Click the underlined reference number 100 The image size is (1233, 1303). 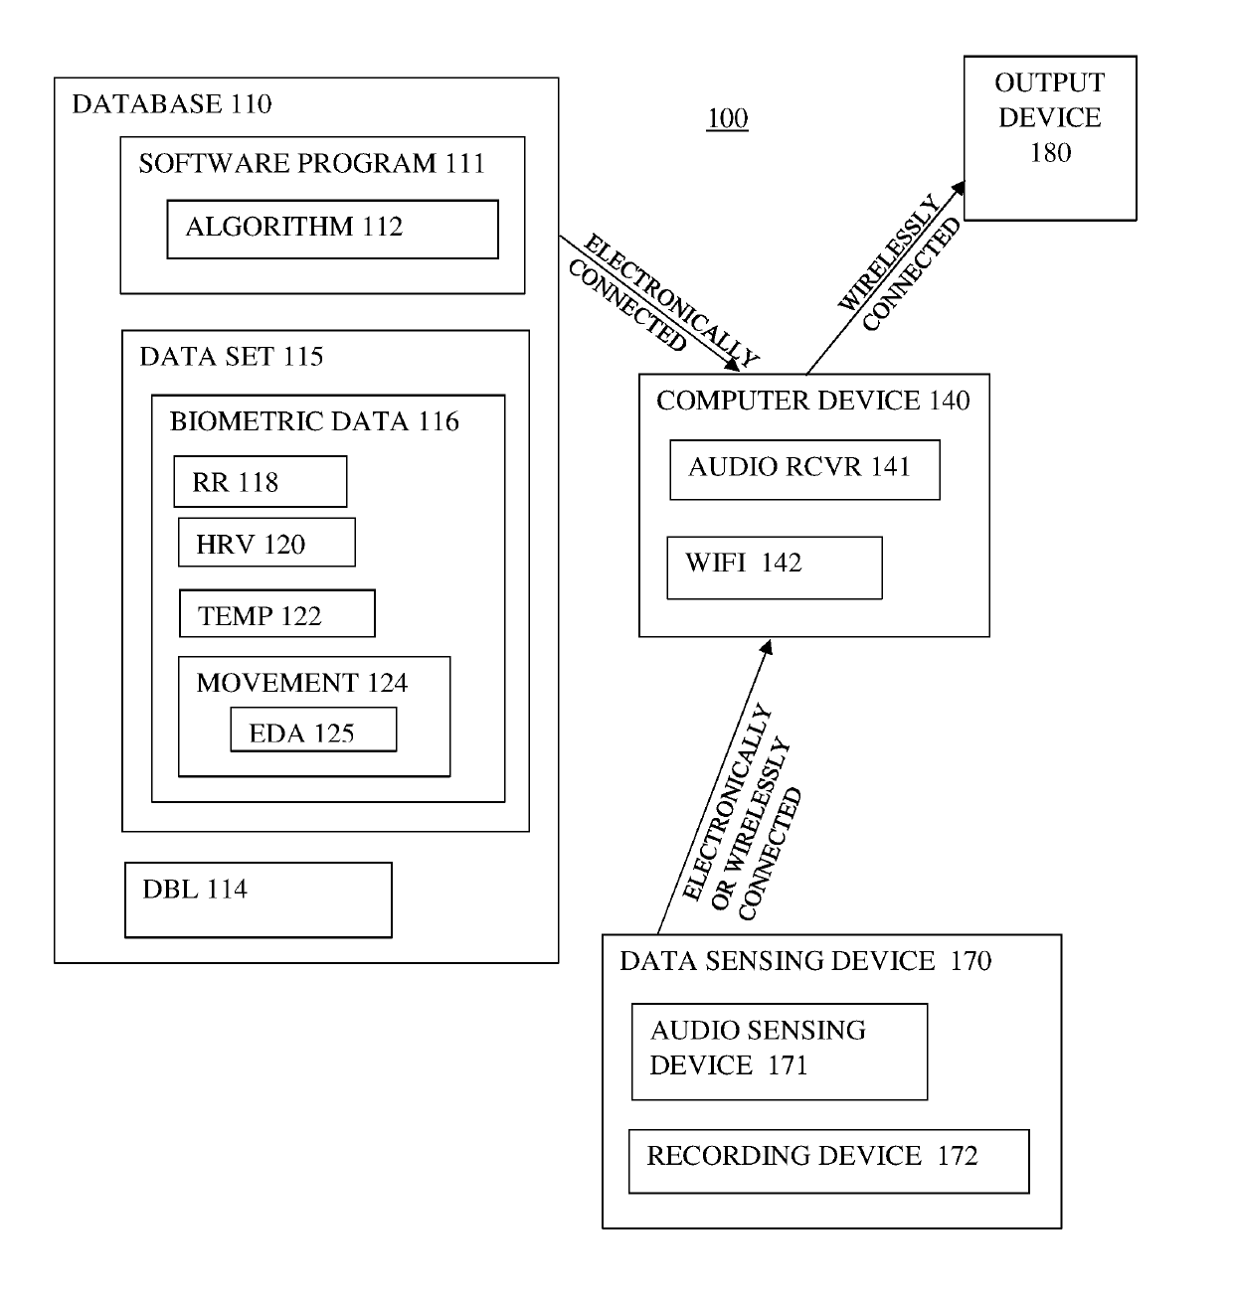point(727,119)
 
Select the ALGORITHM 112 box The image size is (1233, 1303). point(332,230)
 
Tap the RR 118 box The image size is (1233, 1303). point(260,482)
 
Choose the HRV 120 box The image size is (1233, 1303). point(266,543)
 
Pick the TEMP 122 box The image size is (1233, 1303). point(276,614)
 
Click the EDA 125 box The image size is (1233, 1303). point(313,731)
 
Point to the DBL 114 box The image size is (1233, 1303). point(258,899)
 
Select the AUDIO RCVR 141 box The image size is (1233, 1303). point(804,469)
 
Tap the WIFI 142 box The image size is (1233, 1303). point(774,568)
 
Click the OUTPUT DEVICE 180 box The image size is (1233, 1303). point(1049,138)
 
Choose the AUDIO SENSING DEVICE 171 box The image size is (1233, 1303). point(779,1052)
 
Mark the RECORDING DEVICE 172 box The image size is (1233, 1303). point(828,1161)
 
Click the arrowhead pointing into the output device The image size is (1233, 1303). point(957,189)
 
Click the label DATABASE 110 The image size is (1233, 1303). point(172,104)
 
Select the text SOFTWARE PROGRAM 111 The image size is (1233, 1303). point(311,164)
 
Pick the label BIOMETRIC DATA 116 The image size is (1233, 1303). point(314,421)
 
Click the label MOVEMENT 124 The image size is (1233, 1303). point(302,683)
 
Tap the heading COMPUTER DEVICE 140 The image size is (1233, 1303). point(812,401)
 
